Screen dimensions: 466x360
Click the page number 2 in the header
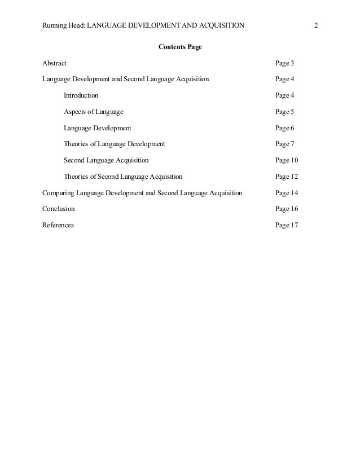pyautogui.click(x=317, y=25)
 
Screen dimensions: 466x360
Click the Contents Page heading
pyautogui.click(x=180, y=46)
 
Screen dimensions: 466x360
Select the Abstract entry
pyautogui.click(x=54, y=63)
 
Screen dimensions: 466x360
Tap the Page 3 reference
pyautogui.click(x=285, y=63)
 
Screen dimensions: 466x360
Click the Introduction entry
pyautogui.click(x=81, y=95)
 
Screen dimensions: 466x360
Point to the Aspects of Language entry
pyautogui.click(x=93, y=112)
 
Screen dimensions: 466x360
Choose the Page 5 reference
pyautogui.click(x=285, y=112)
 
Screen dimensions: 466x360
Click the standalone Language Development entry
pyautogui.click(x=97, y=128)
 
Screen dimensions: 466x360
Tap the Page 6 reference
pyautogui.click(x=285, y=128)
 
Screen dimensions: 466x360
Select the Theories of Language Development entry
pyautogui.click(x=114, y=144)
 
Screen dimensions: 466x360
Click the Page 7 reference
pyautogui.click(x=285, y=144)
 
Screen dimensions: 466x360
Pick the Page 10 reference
pyautogui.click(x=287, y=160)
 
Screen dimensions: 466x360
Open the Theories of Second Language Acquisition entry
pyautogui.click(x=123, y=177)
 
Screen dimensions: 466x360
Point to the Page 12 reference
pyautogui.click(x=287, y=177)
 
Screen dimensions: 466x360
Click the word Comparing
pyautogui.click(x=58, y=193)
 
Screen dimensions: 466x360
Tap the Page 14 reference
pyautogui.click(x=287, y=193)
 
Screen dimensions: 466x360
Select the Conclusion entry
pyautogui.click(x=58, y=209)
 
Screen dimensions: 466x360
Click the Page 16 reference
pyautogui.click(x=287, y=209)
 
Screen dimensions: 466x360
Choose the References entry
pyautogui.click(x=58, y=225)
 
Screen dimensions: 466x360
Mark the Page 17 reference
pyautogui.click(x=287, y=225)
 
